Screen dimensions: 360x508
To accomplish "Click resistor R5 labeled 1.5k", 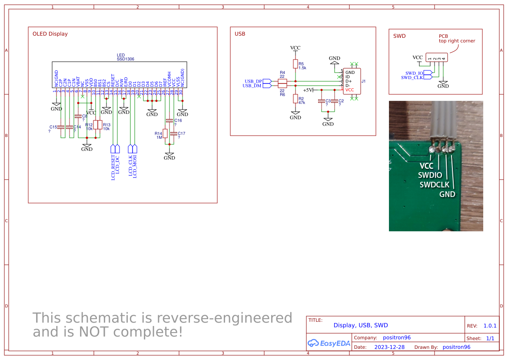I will coord(296,64).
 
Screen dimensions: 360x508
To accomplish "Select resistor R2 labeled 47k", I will coord(296,99).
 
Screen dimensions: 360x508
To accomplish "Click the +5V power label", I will coord(308,90).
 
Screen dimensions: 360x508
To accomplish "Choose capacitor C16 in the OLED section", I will coord(169,121).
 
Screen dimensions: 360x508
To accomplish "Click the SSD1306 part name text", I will coord(125,59).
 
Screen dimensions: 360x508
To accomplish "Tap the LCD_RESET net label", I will coord(113,167).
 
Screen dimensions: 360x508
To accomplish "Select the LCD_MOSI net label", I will coord(135,167).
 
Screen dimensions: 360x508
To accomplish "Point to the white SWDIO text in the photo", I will coord(430,175).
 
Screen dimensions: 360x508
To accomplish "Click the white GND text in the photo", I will coord(447,194).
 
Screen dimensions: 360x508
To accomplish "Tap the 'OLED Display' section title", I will coord(50,34).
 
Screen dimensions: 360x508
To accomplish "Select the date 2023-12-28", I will coord(389,347).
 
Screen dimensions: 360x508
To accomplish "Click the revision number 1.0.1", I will coord(490,326).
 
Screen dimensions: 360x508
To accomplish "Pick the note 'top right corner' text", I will coord(457,41).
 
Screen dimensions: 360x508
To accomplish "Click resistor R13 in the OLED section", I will coord(100,125).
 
